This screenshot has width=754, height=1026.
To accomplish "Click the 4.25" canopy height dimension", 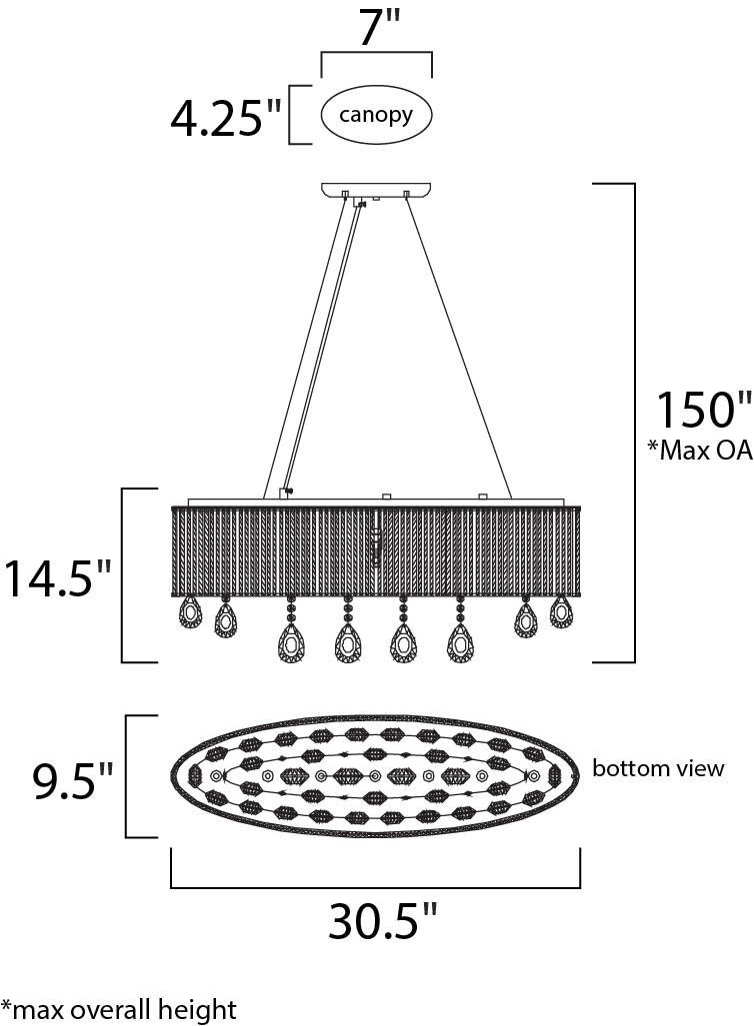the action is (x=225, y=119).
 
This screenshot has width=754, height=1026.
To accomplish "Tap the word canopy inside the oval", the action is (x=376, y=115).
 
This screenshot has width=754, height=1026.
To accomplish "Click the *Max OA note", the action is (x=700, y=450).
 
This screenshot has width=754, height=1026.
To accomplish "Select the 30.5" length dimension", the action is (x=382, y=920).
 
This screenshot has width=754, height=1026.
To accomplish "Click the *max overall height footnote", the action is (x=119, y=1010).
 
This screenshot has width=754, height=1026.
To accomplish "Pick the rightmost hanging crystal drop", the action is (x=560, y=611).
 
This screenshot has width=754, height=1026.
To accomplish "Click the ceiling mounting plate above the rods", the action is (x=377, y=190).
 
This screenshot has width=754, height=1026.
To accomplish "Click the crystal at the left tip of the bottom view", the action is (x=195, y=776).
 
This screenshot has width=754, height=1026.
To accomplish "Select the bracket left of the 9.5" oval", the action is (x=126, y=776).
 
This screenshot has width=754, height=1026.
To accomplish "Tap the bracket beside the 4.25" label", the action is (x=290, y=115).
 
